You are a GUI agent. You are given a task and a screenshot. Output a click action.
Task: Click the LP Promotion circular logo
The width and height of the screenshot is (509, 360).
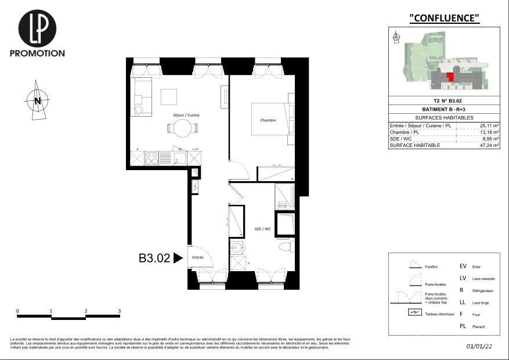tap(37, 28)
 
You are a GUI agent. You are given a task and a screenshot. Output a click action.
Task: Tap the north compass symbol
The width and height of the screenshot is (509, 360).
tap(37, 101)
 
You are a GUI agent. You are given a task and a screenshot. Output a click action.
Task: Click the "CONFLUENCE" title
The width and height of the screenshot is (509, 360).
tap(445, 18)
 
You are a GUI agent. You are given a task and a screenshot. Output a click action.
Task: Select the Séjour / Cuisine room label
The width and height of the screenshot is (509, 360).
tap(186, 115)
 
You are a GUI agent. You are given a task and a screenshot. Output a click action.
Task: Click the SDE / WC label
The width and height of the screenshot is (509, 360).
tap(262, 229)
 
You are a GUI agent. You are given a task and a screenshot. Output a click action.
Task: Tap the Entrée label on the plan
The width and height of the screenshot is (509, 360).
tap(198, 257)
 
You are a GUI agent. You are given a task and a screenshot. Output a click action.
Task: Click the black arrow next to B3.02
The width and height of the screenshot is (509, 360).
tap(178, 258)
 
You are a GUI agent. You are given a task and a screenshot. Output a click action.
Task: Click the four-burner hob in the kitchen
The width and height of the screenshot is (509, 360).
tap(151, 159)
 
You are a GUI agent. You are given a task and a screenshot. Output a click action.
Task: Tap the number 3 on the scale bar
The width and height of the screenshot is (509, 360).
tap(119, 311)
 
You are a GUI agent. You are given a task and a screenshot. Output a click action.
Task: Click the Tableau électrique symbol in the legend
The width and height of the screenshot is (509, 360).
tap(414, 312)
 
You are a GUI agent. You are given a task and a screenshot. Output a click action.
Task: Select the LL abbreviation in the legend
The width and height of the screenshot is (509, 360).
tap(463, 302)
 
